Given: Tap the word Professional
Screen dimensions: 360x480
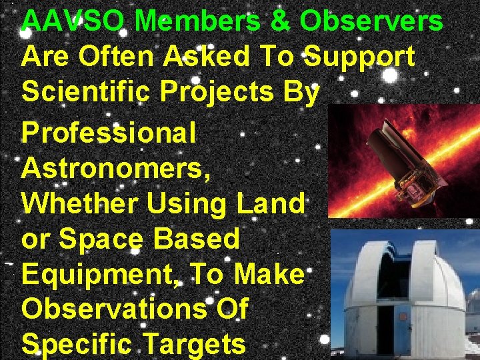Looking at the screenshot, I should [109, 133].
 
